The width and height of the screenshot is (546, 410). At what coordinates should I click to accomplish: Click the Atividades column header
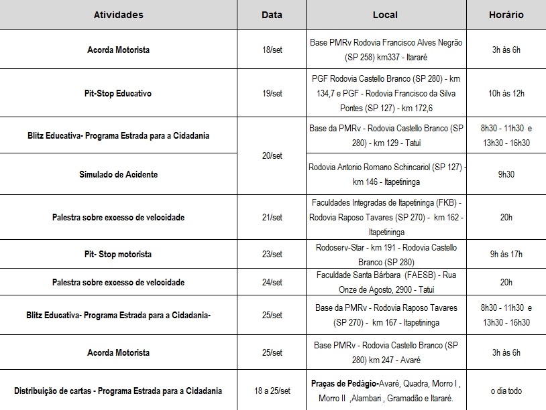tap(118, 15)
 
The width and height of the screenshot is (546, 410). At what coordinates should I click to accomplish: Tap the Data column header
tap(272, 15)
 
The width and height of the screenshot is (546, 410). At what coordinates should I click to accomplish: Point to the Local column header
tap(385, 15)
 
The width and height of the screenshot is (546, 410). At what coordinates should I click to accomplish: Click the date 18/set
tap(272, 50)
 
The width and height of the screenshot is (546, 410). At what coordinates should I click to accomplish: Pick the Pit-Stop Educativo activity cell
tap(118, 94)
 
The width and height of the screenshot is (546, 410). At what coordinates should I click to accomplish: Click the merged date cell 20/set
tap(272, 155)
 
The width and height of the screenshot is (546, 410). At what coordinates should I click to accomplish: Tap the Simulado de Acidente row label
tap(118, 174)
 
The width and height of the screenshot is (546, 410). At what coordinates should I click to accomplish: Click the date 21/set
tap(272, 218)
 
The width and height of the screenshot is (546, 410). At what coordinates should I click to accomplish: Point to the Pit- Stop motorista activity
tap(118, 255)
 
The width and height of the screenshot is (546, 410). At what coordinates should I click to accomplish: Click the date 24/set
tap(272, 283)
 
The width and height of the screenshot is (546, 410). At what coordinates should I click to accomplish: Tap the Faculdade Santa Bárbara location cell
tap(385, 283)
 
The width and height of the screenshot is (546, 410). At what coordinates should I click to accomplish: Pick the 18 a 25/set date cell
tap(272, 391)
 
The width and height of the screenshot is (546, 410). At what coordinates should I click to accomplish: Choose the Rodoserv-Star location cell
tap(385, 255)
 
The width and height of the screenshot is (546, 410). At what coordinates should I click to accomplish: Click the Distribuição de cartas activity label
tap(118, 391)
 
